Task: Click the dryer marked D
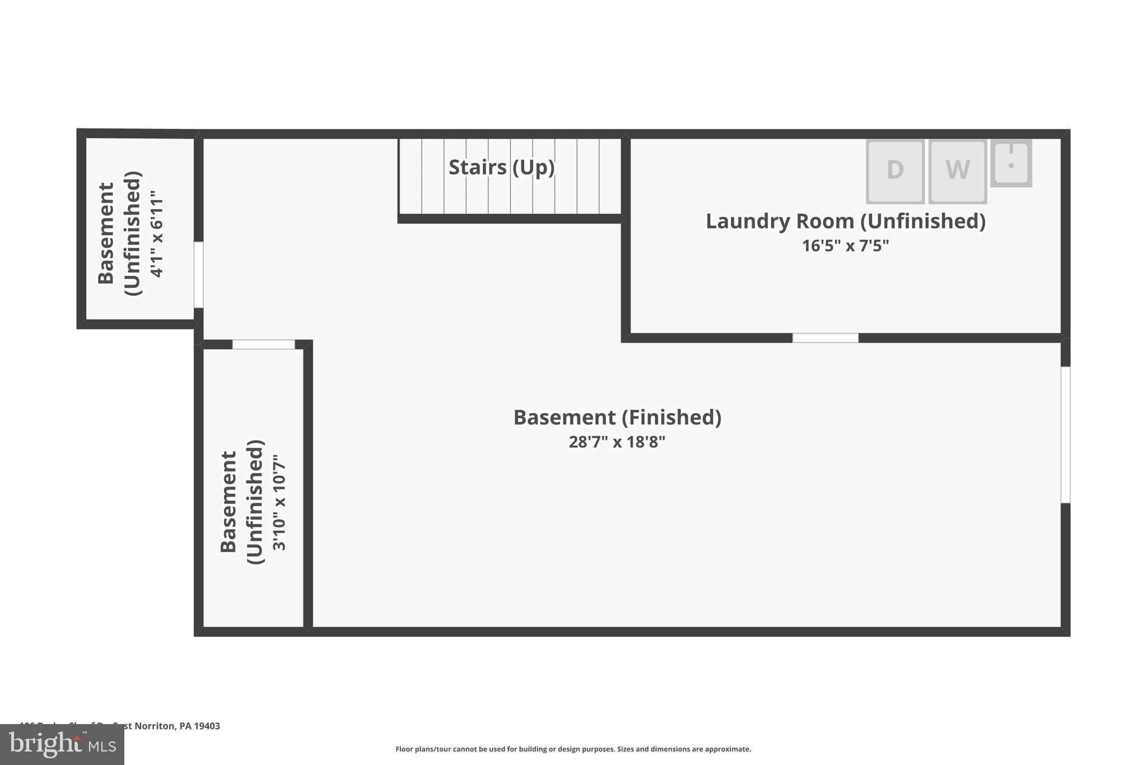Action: [x=895, y=170]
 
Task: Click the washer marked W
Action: [x=957, y=170]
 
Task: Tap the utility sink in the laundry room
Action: [x=1011, y=163]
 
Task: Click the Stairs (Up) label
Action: [x=501, y=167]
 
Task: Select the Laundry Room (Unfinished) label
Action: [x=845, y=221]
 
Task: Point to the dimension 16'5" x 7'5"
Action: [x=845, y=246]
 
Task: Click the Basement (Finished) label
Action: [x=617, y=418]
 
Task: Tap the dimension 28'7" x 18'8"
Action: [x=617, y=442]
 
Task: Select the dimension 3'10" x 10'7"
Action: [x=279, y=503]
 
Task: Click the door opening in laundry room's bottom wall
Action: [x=825, y=338]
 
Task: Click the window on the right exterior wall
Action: [x=1065, y=435]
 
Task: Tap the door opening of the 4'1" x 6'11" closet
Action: [x=198, y=275]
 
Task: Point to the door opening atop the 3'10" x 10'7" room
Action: [x=263, y=344]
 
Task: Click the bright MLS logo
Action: [x=62, y=745]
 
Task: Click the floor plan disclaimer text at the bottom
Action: [x=573, y=749]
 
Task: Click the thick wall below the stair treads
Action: [x=511, y=219]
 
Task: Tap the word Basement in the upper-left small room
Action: [x=106, y=233]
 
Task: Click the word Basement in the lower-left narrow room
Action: [x=229, y=502]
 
